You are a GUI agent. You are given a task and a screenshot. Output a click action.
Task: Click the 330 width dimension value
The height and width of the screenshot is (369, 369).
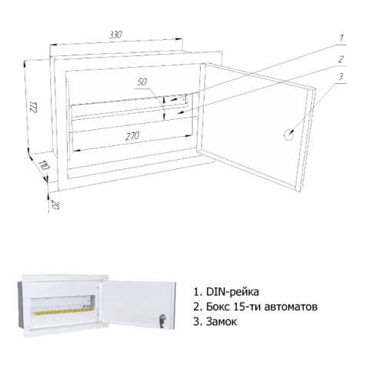click(115, 35)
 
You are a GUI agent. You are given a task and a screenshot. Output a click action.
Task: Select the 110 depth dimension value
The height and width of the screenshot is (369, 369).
click(44, 165)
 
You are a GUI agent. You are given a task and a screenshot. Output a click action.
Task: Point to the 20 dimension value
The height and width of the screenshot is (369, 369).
click(55, 205)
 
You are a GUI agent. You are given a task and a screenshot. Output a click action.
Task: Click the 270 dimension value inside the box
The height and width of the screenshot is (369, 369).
click(132, 136)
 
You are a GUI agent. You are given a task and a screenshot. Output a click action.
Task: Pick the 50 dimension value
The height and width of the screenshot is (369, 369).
click(142, 82)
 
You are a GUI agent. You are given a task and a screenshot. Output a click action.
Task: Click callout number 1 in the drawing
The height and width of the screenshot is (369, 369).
click(341, 38)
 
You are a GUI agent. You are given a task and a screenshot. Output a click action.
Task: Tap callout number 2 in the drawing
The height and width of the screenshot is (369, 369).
click(341, 59)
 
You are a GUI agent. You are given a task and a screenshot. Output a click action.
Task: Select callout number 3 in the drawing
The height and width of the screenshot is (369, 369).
click(341, 77)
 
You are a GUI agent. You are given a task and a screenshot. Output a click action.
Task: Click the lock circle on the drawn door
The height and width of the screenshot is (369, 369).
click(289, 135)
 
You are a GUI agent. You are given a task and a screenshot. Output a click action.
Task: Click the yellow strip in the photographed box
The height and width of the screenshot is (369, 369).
click(64, 311)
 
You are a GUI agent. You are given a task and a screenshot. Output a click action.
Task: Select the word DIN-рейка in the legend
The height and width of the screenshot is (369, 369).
click(233, 291)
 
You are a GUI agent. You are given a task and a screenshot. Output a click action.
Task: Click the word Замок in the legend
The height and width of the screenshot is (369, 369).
click(221, 321)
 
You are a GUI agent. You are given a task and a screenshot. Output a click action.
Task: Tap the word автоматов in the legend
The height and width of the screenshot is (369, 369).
click(291, 307)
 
